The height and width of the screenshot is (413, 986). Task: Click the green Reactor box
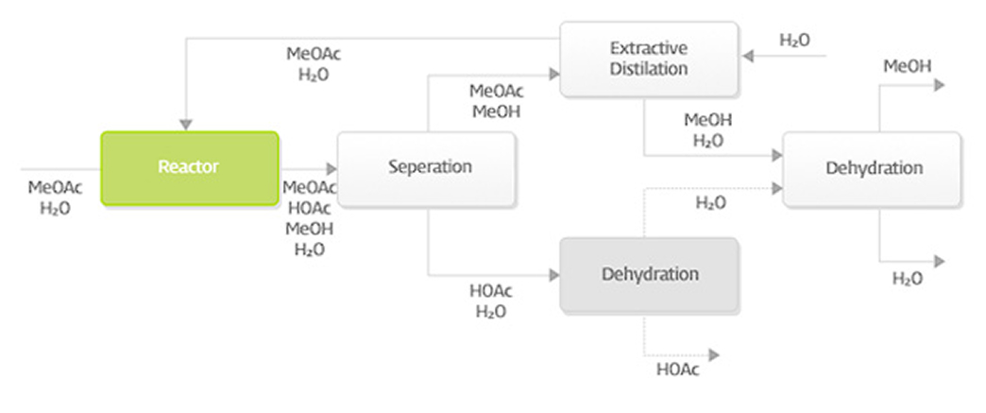pos(189,168)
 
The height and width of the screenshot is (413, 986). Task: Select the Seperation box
pos(429,168)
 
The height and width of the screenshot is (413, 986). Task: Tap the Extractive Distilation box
pos(648,59)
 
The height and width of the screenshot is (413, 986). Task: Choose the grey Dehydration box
pos(650,275)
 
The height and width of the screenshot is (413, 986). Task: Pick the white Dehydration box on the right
pos(873,169)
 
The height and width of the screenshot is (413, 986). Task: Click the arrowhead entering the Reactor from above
pos(186,125)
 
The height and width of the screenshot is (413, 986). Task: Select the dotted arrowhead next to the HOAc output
pos(714,355)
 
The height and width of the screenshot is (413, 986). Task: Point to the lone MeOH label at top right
pos(906,65)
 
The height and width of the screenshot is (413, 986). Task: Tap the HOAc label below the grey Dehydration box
pos(678,369)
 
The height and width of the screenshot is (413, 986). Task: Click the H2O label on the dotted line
pos(710,202)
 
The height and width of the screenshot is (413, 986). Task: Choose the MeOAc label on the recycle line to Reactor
pos(314,54)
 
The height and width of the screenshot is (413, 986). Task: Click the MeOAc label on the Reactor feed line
pos(55,188)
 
